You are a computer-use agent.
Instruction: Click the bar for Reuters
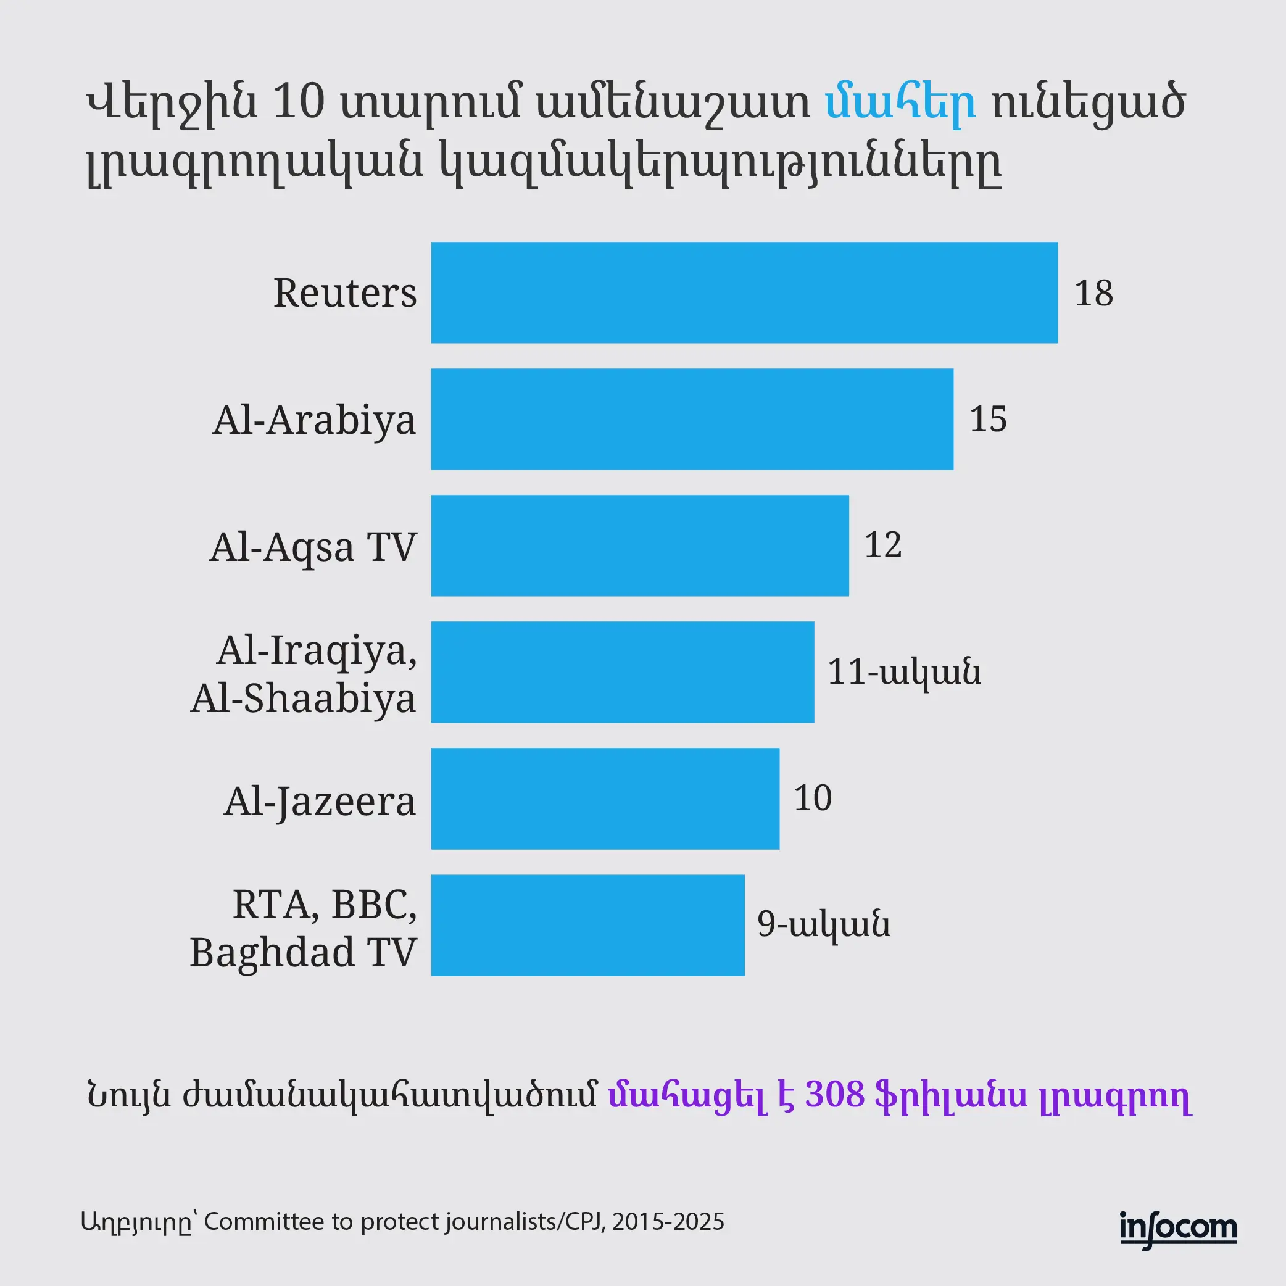[x=744, y=293]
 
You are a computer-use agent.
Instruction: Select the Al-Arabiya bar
[x=692, y=420]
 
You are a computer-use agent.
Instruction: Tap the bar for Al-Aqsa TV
[x=640, y=546]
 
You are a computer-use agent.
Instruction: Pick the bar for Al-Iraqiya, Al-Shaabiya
[x=623, y=672]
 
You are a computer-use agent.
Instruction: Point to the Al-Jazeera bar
[x=605, y=799]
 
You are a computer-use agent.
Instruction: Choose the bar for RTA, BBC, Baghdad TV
[x=587, y=925]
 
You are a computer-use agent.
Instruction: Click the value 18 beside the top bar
[x=1093, y=293]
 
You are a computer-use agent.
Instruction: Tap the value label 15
[x=988, y=420]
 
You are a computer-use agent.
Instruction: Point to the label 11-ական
[x=903, y=671]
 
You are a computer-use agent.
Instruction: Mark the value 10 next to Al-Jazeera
[x=813, y=798]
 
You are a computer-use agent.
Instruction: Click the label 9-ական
[x=823, y=924]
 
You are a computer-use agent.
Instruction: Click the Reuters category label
[x=345, y=293]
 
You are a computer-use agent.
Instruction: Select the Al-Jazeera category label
[x=320, y=802]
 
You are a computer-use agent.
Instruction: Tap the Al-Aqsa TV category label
[x=313, y=547]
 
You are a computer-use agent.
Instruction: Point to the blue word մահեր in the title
[x=900, y=102]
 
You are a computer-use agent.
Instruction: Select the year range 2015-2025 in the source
[x=668, y=1222]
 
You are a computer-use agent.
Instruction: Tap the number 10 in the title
[x=299, y=102]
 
